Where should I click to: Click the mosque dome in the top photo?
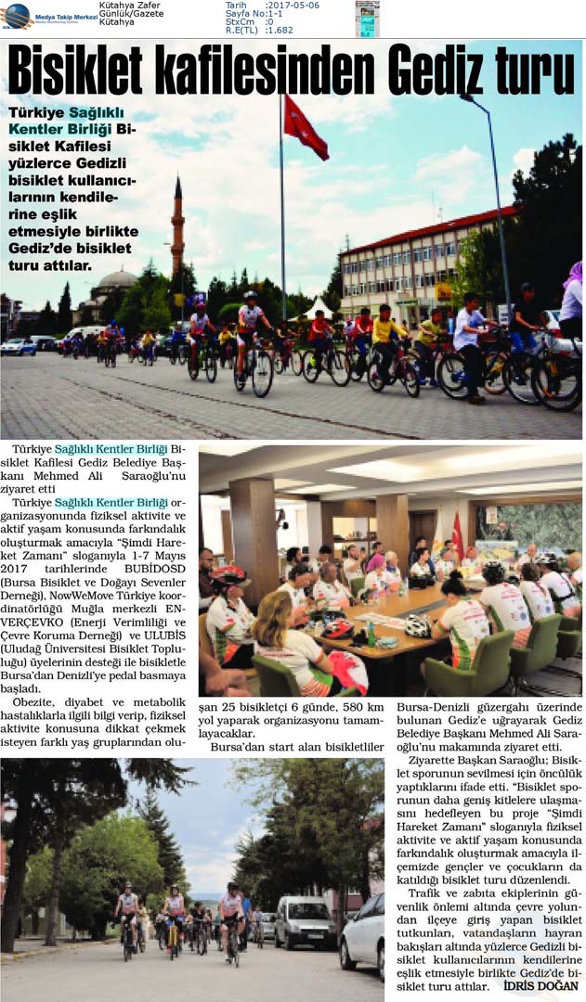point(117,280)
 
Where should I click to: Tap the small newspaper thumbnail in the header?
point(367,18)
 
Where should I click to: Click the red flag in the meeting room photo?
point(457,537)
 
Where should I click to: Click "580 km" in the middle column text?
point(364,709)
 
